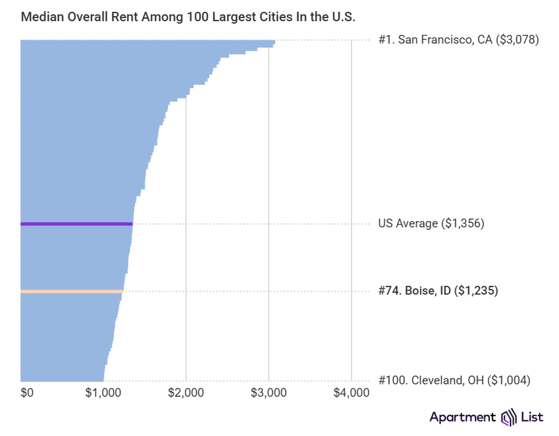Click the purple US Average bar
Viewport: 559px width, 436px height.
pos(76,224)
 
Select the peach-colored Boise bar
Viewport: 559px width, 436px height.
pos(72,292)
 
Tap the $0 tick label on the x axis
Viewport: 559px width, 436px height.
pos(27,393)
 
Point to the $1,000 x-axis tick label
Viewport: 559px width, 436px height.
pos(103,393)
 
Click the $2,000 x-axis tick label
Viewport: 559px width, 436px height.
pos(186,393)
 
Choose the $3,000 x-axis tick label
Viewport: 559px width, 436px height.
pos(269,393)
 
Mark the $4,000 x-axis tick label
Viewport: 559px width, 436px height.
pos(351,393)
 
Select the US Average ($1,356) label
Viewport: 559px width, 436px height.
pos(431,224)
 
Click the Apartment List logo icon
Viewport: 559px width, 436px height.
pos(508,417)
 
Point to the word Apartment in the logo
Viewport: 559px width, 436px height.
pos(462,417)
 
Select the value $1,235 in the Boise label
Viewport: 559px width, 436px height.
pos(476,291)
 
